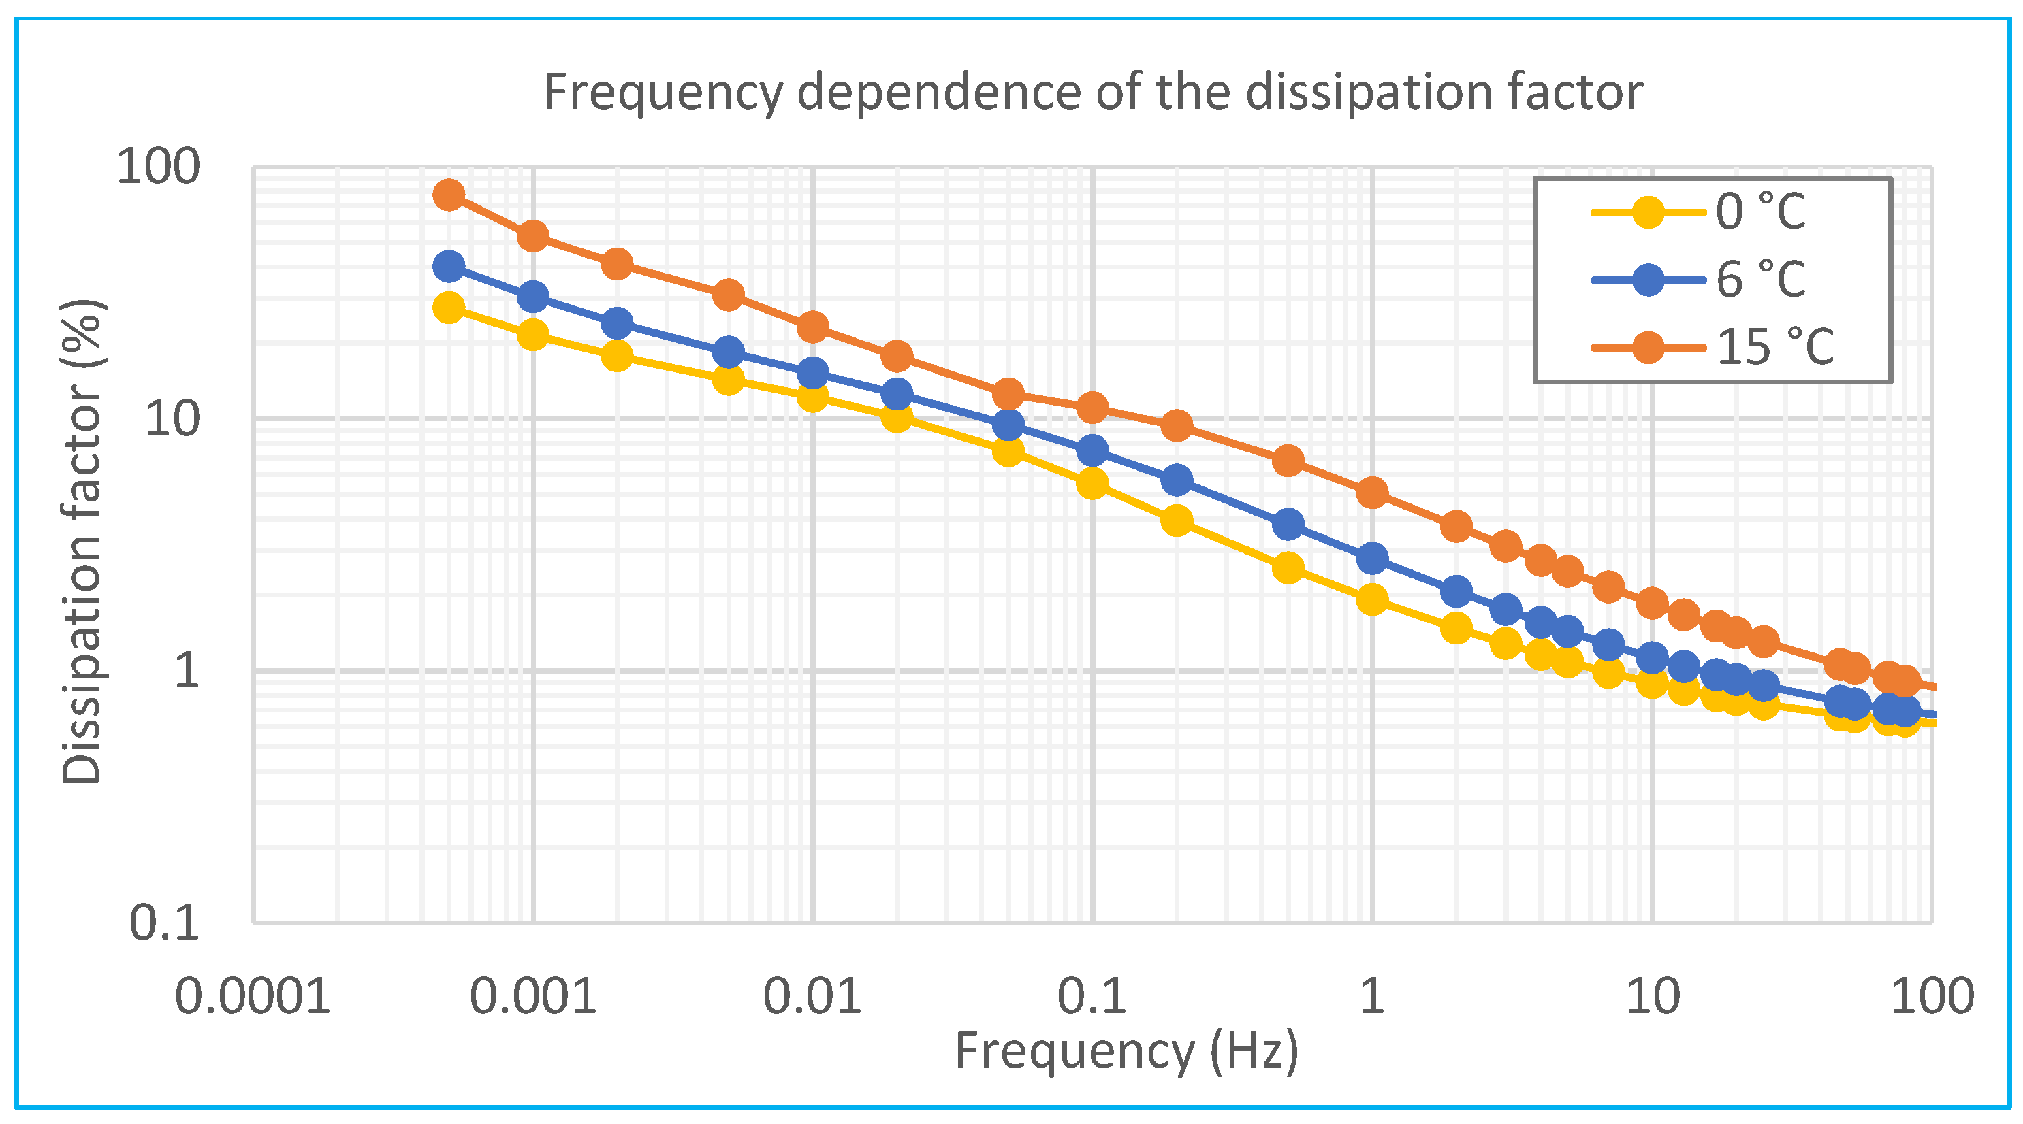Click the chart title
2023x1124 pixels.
click(1092, 93)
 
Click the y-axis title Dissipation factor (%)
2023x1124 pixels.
click(82, 542)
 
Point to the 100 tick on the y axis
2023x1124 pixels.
click(158, 167)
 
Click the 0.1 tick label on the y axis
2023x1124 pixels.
click(164, 923)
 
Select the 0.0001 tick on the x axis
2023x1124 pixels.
click(252, 997)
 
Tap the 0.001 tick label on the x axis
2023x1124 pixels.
click(532, 997)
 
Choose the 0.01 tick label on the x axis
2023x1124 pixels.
click(812, 997)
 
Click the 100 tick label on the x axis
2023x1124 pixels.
click(1931, 997)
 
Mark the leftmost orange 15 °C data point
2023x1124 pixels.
click(449, 194)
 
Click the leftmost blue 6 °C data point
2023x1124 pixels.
click(449, 267)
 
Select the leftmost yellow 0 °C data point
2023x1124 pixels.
click(449, 308)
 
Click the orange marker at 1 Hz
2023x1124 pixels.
click(1372, 493)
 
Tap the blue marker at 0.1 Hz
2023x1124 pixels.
click(1092, 450)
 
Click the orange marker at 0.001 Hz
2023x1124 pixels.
click(533, 235)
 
